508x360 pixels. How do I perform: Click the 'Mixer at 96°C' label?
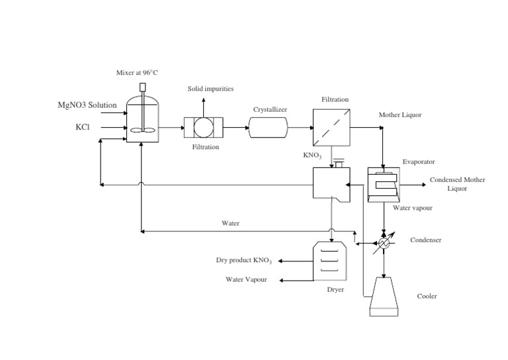coord(137,72)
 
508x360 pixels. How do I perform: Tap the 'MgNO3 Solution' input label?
coord(87,105)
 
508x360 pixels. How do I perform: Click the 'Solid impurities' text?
coord(210,88)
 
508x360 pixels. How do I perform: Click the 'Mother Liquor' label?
coord(400,115)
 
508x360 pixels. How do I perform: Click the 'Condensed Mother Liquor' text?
coord(457,183)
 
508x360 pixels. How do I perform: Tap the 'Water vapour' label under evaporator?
coord(413,208)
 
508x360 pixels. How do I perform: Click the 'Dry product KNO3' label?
coord(244,260)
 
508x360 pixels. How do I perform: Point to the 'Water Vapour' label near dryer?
coord(246,279)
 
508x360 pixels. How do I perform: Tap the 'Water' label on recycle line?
coord(230,224)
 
